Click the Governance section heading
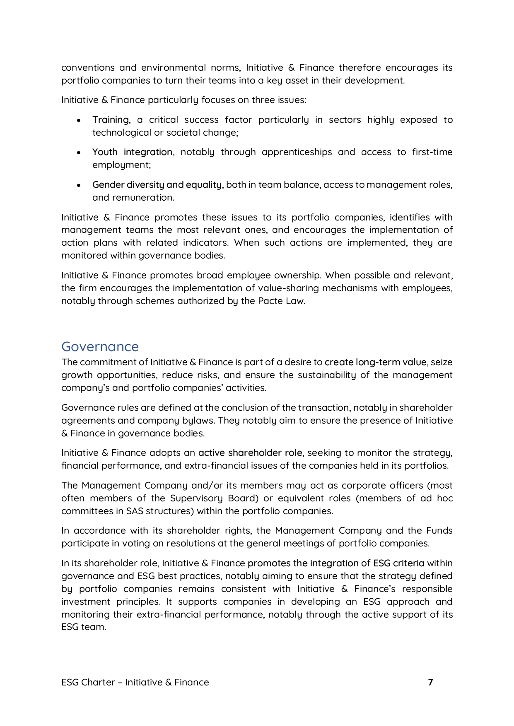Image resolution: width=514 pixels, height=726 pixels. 100,347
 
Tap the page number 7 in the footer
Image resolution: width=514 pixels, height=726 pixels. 430,682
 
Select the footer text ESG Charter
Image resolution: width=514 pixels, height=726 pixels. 88,682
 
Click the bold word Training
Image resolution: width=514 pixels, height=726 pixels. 111,120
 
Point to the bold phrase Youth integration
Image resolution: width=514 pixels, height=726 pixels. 132,152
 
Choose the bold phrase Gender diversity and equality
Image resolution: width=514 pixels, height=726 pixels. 157,184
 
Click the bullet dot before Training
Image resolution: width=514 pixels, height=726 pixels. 79,120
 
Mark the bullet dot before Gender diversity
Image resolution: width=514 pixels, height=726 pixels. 79,185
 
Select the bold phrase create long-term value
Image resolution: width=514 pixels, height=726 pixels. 375,362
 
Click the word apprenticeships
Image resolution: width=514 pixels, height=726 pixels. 297,152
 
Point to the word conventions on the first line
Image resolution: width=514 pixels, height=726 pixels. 88,68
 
